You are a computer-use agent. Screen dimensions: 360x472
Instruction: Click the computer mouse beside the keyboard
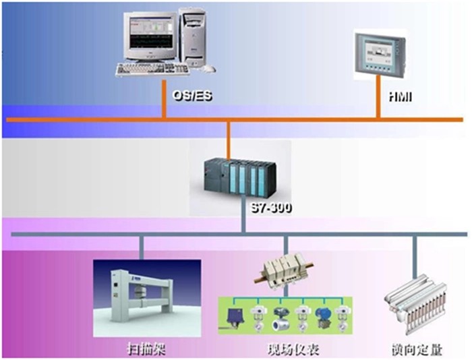(210, 68)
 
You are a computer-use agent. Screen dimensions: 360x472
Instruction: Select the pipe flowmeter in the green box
(280, 323)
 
